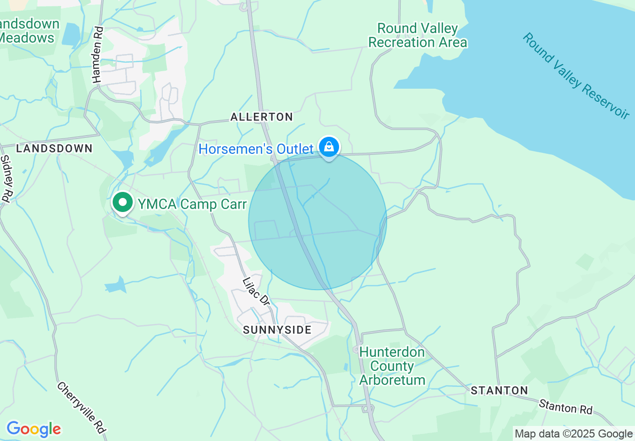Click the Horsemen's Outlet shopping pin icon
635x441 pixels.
pyautogui.click(x=329, y=147)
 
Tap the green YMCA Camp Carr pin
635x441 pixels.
pyautogui.click(x=122, y=203)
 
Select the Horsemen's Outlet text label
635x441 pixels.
pyautogui.click(x=256, y=149)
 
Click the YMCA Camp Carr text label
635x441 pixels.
pyautogui.click(x=192, y=204)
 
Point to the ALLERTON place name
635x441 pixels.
pyautogui.click(x=261, y=117)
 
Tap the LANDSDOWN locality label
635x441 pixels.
pyautogui.click(x=54, y=148)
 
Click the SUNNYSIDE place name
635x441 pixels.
pyautogui.click(x=277, y=329)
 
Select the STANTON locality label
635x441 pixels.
pyautogui.click(x=499, y=390)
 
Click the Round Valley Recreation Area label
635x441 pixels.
pyautogui.click(x=418, y=35)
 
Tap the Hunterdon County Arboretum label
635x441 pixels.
pyautogui.click(x=392, y=366)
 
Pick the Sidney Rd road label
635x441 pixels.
pyautogui.click(x=6, y=178)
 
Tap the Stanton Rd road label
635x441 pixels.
pyautogui.click(x=565, y=406)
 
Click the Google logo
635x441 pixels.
pyautogui.click(x=34, y=429)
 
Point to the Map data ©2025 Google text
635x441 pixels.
pyautogui.click(x=573, y=433)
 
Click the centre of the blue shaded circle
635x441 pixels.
pyautogui.click(x=317, y=221)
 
